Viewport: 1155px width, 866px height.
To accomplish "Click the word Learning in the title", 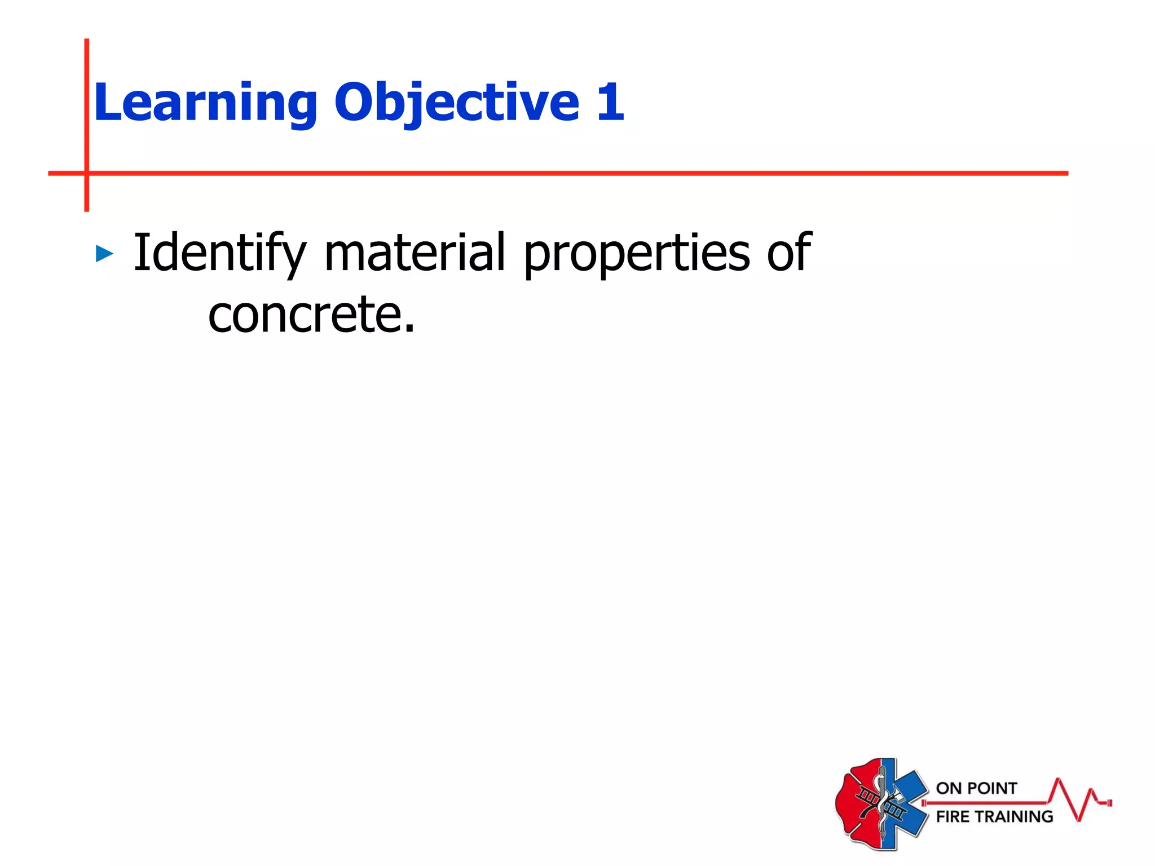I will click(x=206, y=103).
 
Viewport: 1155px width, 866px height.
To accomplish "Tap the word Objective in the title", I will click(x=457, y=103).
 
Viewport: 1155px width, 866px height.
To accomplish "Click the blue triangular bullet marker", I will click(x=104, y=254).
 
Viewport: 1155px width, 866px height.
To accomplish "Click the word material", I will click(x=415, y=253).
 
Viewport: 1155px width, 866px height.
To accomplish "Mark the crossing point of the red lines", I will click(x=87, y=173).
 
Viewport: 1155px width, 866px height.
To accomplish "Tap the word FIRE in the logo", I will click(x=953, y=816).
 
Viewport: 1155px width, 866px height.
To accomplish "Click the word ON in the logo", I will click(x=947, y=788).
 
